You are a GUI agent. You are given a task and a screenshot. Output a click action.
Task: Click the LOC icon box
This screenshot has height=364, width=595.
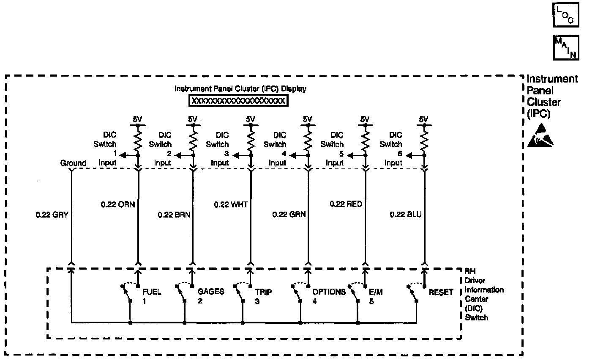[565, 15]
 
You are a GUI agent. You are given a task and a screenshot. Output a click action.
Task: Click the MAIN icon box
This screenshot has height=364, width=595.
[565, 47]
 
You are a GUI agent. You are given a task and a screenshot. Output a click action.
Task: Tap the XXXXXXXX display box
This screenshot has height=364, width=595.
[238, 101]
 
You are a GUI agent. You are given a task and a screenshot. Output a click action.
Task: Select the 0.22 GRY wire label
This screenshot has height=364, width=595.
[52, 215]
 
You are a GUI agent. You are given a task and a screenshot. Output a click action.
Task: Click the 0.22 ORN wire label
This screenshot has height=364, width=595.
[117, 204]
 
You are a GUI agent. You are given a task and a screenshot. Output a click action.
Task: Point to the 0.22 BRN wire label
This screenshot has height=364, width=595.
[174, 215]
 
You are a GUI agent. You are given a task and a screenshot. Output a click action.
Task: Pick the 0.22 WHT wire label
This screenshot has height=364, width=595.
[231, 204]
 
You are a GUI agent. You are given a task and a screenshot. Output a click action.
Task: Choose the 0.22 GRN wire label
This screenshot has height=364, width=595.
[289, 215]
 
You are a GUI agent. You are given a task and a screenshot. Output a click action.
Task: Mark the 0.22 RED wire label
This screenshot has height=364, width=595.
[346, 204]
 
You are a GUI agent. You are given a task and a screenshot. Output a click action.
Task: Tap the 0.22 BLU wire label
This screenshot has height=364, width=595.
[405, 215]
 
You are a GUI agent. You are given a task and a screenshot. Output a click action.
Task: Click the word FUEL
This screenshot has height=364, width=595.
[152, 292]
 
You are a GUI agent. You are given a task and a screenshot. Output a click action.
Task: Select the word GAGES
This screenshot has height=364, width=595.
[211, 292]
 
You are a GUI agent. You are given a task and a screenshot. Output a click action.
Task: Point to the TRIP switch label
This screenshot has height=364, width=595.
[263, 292]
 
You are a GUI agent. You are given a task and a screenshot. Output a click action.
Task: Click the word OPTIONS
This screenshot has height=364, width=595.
[329, 292]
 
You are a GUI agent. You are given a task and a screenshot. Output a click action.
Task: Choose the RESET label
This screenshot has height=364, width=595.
[441, 292]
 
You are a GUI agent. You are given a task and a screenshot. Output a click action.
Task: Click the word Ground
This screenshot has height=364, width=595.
[73, 163]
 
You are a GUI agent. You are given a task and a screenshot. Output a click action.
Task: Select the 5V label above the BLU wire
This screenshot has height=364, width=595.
[423, 119]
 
